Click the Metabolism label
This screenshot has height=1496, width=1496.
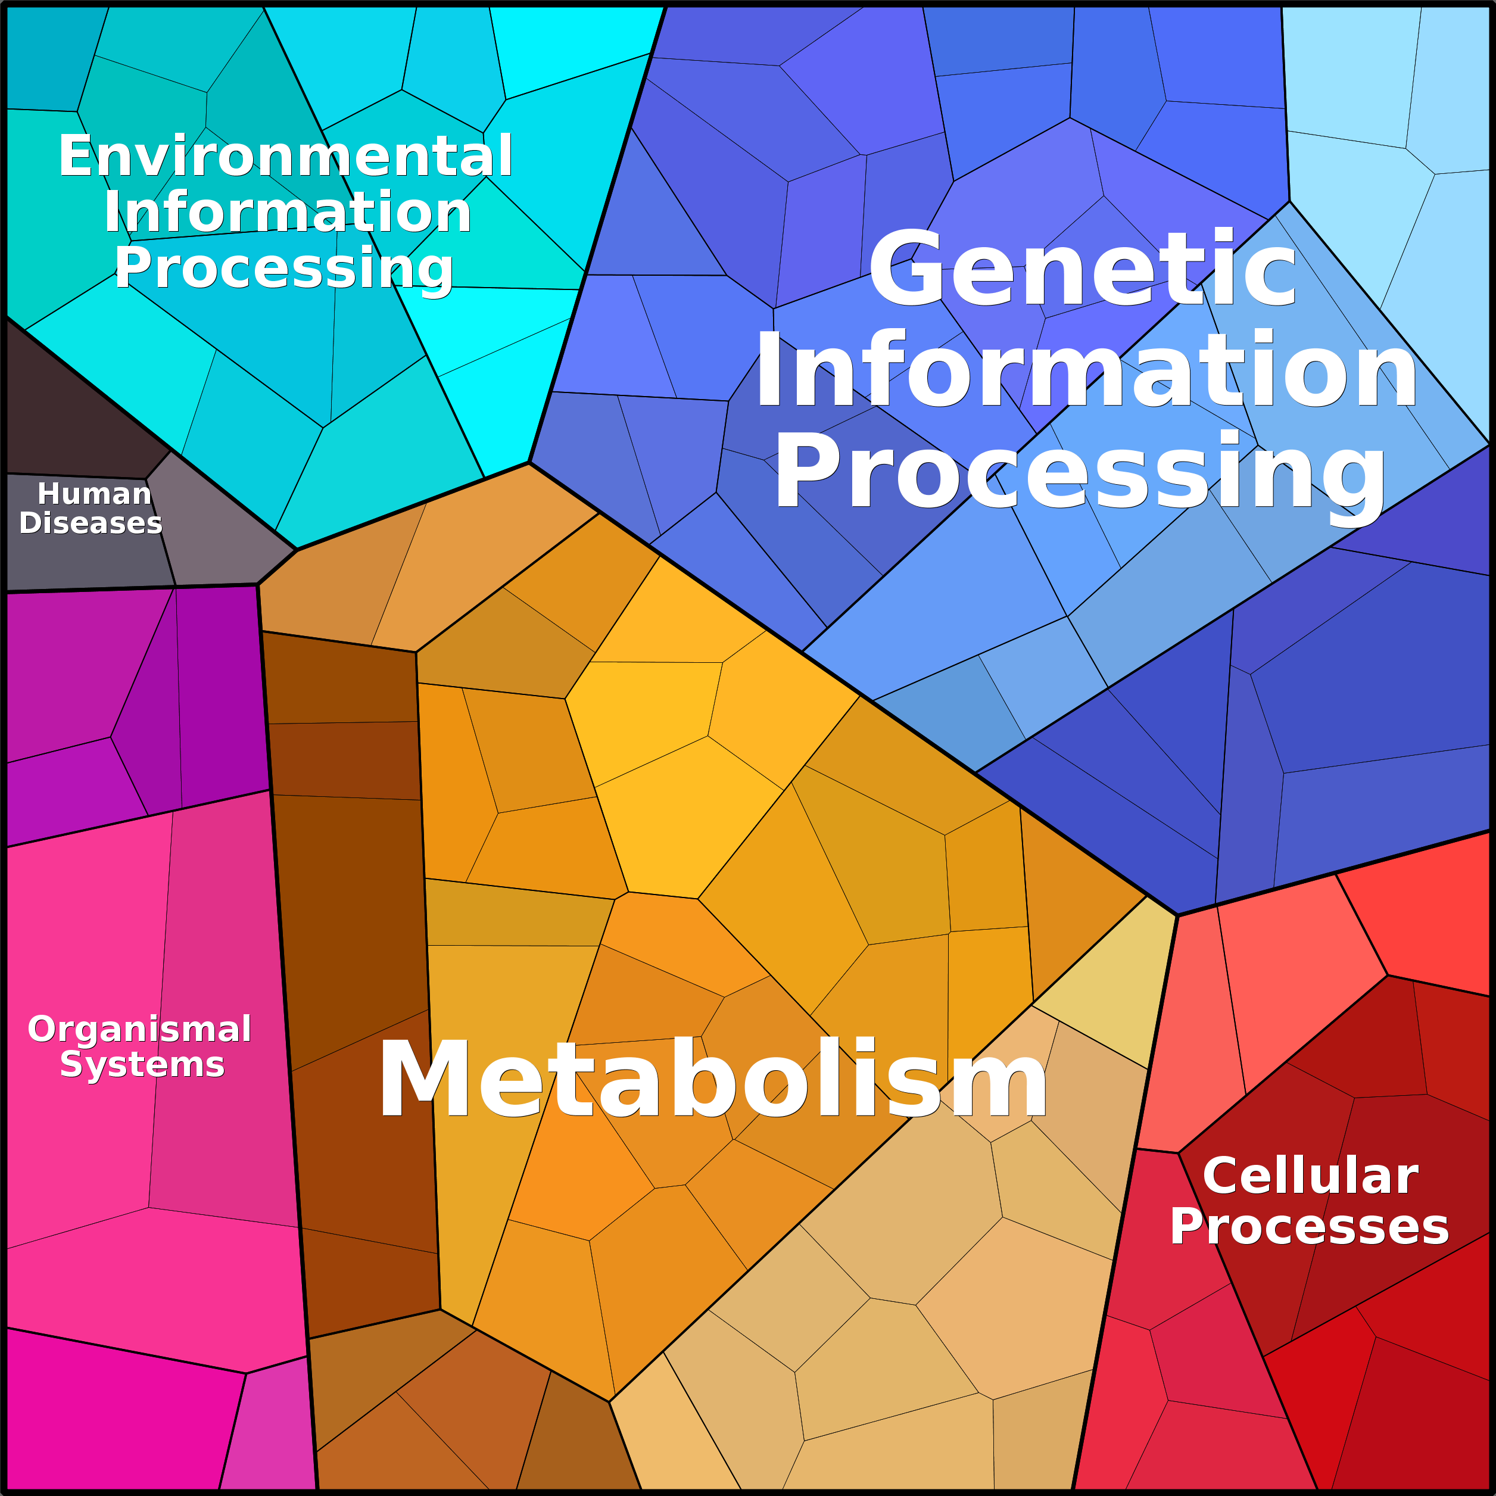click(x=712, y=1079)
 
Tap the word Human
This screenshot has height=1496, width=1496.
click(x=95, y=493)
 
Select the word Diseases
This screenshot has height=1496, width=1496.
click(x=91, y=523)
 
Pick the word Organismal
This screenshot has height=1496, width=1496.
click(x=139, y=1030)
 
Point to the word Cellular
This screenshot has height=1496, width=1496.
click(x=1310, y=1176)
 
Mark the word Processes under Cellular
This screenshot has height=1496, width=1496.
click(x=1310, y=1227)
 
